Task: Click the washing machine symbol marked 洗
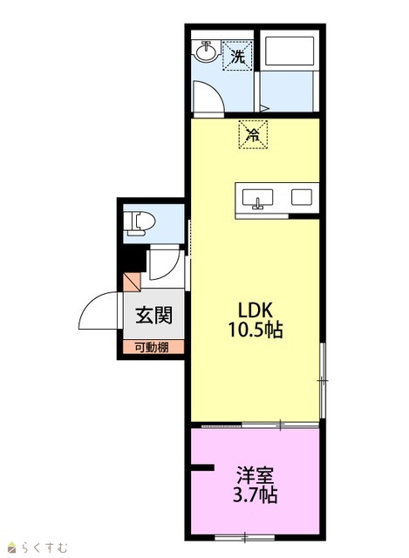tap(237, 55)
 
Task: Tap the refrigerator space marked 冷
tap(253, 134)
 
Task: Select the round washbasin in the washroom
tap(206, 52)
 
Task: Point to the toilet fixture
tap(141, 223)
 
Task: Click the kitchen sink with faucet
tap(258, 199)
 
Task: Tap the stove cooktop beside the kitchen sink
tap(302, 197)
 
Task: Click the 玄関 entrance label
tap(153, 315)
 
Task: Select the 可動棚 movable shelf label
tap(152, 347)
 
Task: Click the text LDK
tap(256, 310)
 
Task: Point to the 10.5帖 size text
tap(256, 330)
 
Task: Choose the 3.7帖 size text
tap(256, 494)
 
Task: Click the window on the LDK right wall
tap(323, 380)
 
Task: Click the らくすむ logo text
tap(44, 547)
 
